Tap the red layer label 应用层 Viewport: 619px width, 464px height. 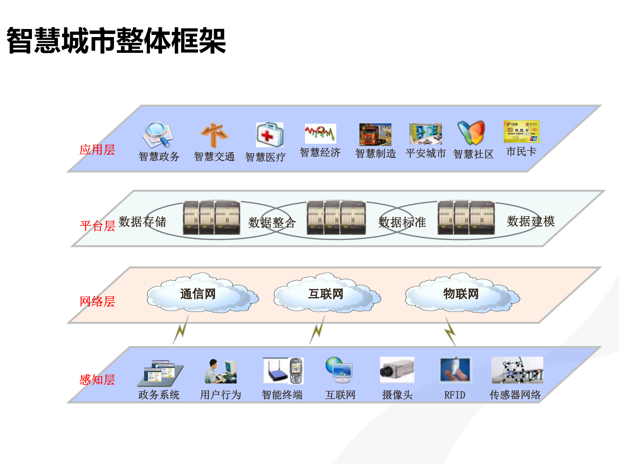97,150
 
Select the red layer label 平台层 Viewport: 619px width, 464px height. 97,226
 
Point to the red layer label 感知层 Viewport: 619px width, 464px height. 97,380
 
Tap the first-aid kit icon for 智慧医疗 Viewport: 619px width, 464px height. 270,135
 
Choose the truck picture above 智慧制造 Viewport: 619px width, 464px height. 375,135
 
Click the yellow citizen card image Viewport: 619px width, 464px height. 521,131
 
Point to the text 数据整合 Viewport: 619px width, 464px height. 272,223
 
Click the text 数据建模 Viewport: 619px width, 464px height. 531,221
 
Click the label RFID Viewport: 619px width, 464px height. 455,395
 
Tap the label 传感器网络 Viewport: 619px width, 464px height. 515,395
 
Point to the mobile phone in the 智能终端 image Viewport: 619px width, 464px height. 296,371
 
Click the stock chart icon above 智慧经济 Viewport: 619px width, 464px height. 320,133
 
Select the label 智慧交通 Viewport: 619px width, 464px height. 214,157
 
